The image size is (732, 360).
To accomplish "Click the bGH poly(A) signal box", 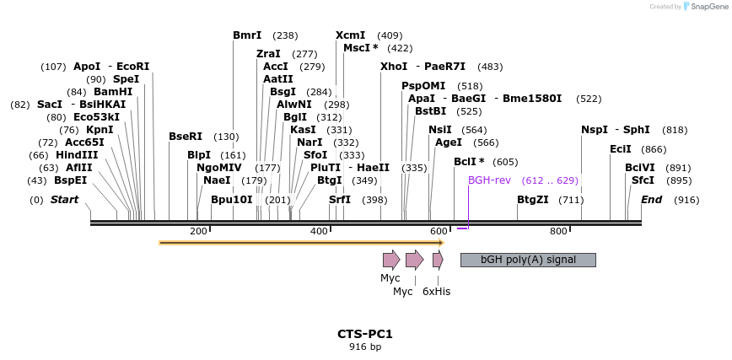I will coord(528,260).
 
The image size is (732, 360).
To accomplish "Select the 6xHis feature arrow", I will coord(438,260).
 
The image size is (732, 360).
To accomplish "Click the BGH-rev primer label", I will coord(489,180).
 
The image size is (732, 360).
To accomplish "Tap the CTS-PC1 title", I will coord(365,334).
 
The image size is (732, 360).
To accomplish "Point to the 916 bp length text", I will coord(365,347).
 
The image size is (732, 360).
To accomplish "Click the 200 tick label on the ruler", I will coord(198,231).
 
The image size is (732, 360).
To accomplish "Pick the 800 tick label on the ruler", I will coord(558,231).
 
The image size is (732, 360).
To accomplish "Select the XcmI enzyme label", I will coord(350,35).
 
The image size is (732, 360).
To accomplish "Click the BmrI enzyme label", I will coord(247,35).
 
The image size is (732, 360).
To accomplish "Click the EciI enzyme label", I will coord(620,149).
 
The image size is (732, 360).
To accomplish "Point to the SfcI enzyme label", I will coord(643,180).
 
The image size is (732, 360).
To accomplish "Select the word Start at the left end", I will coord(65,200).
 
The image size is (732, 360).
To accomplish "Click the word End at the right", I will coord(651,200).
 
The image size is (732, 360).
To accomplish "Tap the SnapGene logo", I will coord(703,6).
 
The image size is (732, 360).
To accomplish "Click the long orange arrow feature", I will coord(301,243).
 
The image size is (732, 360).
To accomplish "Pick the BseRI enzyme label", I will coord(186,137).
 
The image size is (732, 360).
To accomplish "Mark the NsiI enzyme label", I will coord(440,130).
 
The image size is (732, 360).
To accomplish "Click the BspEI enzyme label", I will coord(70,180).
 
